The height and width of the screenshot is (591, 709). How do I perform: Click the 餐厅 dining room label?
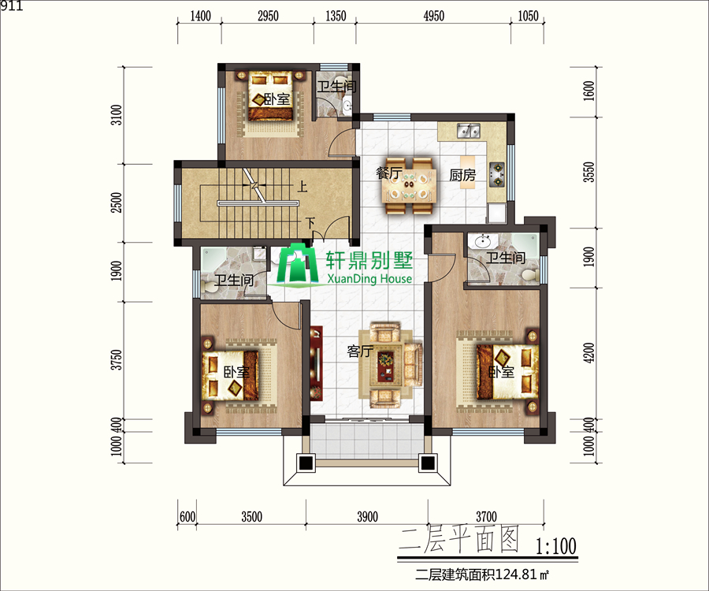point(389,173)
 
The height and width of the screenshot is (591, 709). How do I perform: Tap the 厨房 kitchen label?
point(462,175)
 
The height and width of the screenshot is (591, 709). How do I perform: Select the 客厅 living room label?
point(360,351)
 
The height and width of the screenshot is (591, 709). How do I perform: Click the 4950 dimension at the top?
point(433,17)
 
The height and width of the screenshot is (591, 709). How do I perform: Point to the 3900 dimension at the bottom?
point(367,516)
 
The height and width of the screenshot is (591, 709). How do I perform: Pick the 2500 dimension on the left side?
point(117,203)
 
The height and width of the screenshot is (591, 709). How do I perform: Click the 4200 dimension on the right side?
point(588,353)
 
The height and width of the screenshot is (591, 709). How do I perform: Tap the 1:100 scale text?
point(555,546)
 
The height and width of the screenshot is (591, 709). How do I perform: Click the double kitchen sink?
point(469,131)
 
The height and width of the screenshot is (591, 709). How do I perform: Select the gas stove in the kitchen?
point(497,174)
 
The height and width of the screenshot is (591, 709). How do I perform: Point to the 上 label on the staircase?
point(302,186)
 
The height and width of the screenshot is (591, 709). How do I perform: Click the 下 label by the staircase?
point(310,223)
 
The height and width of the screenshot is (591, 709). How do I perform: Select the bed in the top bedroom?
point(270,96)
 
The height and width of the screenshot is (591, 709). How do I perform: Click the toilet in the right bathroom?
point(529,274)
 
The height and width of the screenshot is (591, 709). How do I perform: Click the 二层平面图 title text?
point(458,540)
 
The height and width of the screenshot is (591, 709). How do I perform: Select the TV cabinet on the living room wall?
point(316,363)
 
